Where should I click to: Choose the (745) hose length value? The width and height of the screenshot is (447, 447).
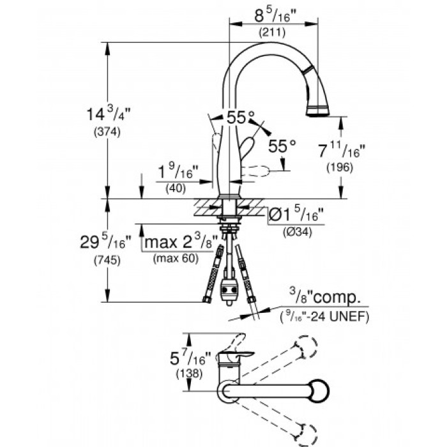[x=106, y=261]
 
